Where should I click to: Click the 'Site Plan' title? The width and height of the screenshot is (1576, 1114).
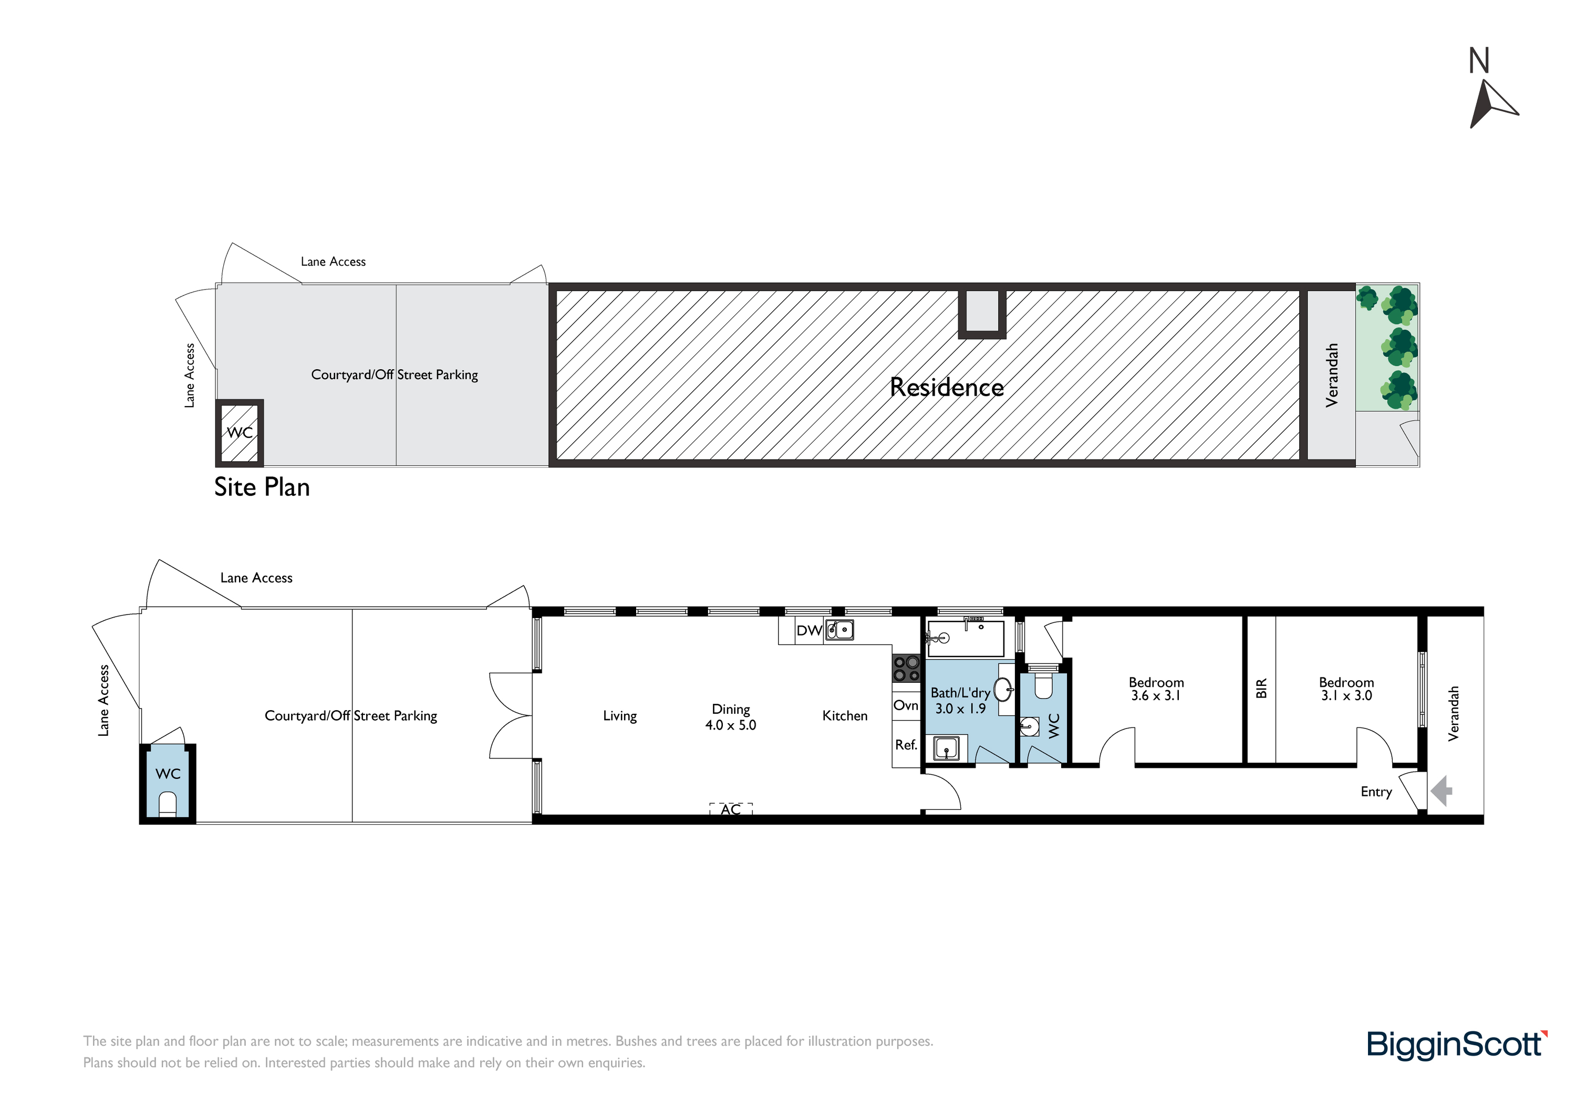click(x=262, y=487)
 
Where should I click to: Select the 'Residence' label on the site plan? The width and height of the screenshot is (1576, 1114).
click(x=947, y=387)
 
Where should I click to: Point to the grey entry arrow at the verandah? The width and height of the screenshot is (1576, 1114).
click(x=1442, y=790)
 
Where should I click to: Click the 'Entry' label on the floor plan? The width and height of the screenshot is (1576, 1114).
click(x=1376, y=792)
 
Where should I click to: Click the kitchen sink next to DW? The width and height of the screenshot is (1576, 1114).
click(x=839, y=629)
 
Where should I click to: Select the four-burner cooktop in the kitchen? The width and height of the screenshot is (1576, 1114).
click(x=906, y=668)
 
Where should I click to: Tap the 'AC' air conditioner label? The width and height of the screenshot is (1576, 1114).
click(x=731, y=810)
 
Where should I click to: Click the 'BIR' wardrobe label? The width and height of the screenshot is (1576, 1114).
click(x=1261, y=689)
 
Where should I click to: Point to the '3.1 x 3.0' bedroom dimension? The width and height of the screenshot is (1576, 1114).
click(x=1347, y=696)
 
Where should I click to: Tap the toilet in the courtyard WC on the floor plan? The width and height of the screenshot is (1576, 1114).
click(x=168, y=804)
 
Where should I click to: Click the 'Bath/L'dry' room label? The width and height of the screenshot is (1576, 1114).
click(x=960, y=693)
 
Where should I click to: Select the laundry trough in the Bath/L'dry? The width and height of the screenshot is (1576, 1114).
click(x=947, y=748)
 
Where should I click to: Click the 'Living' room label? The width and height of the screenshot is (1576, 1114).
click(x=620, y=716)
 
